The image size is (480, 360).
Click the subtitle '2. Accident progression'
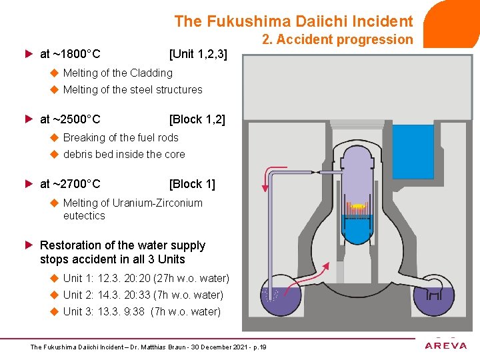pyautogui.click(x=337, y=39)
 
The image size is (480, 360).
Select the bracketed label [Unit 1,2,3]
pyautogui.click(x=198, y=53)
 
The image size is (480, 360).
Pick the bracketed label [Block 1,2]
pyautogui.click(x=197, y=119)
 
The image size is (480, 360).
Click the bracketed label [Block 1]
pyautogui.click(x=192, y=183)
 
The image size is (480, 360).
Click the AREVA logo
pyautogui.click(x=447, y=345)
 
